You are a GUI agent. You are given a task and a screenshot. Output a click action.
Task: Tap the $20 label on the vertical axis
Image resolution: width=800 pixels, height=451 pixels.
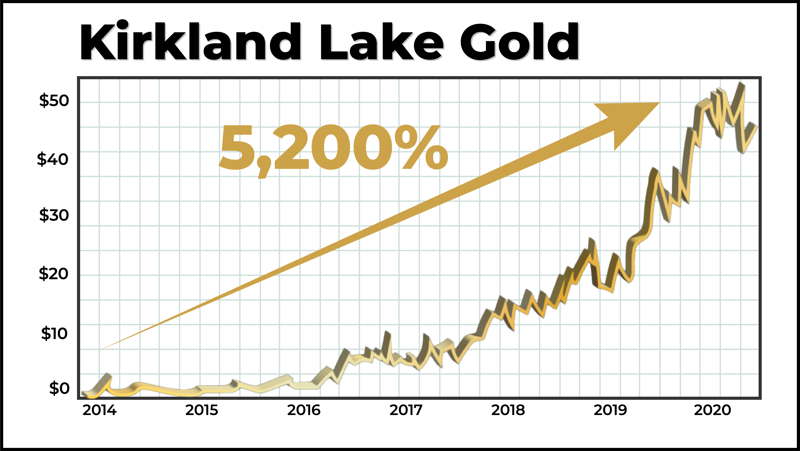tap(53, 274)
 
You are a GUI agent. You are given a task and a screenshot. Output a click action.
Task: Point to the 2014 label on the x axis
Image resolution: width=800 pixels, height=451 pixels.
tap(99, 410)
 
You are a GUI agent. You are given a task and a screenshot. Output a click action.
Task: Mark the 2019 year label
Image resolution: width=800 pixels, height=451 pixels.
tap(610, 410)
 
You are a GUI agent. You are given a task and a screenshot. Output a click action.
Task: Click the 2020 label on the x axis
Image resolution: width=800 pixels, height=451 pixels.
tap(712, 410)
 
